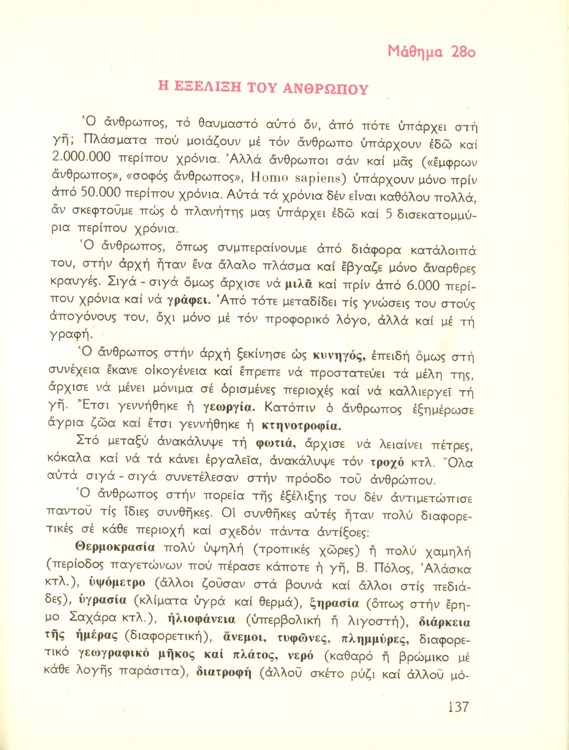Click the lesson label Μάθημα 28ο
[x=431, y=51]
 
